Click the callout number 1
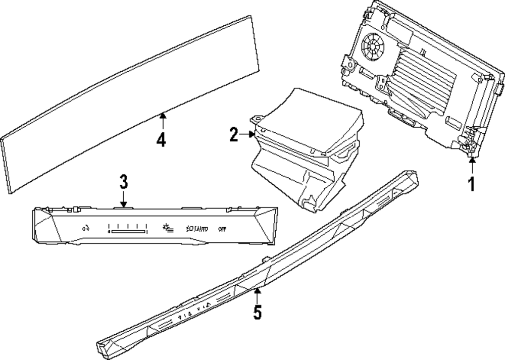(471, 184)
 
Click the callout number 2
(233, 134)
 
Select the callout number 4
(161, 139)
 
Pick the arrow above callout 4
(162, 120)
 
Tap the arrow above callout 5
(258, 294)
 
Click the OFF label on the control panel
(222, 228)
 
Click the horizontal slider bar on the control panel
(128, 232)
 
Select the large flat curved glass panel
(131, 106)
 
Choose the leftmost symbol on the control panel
(85, 228)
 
